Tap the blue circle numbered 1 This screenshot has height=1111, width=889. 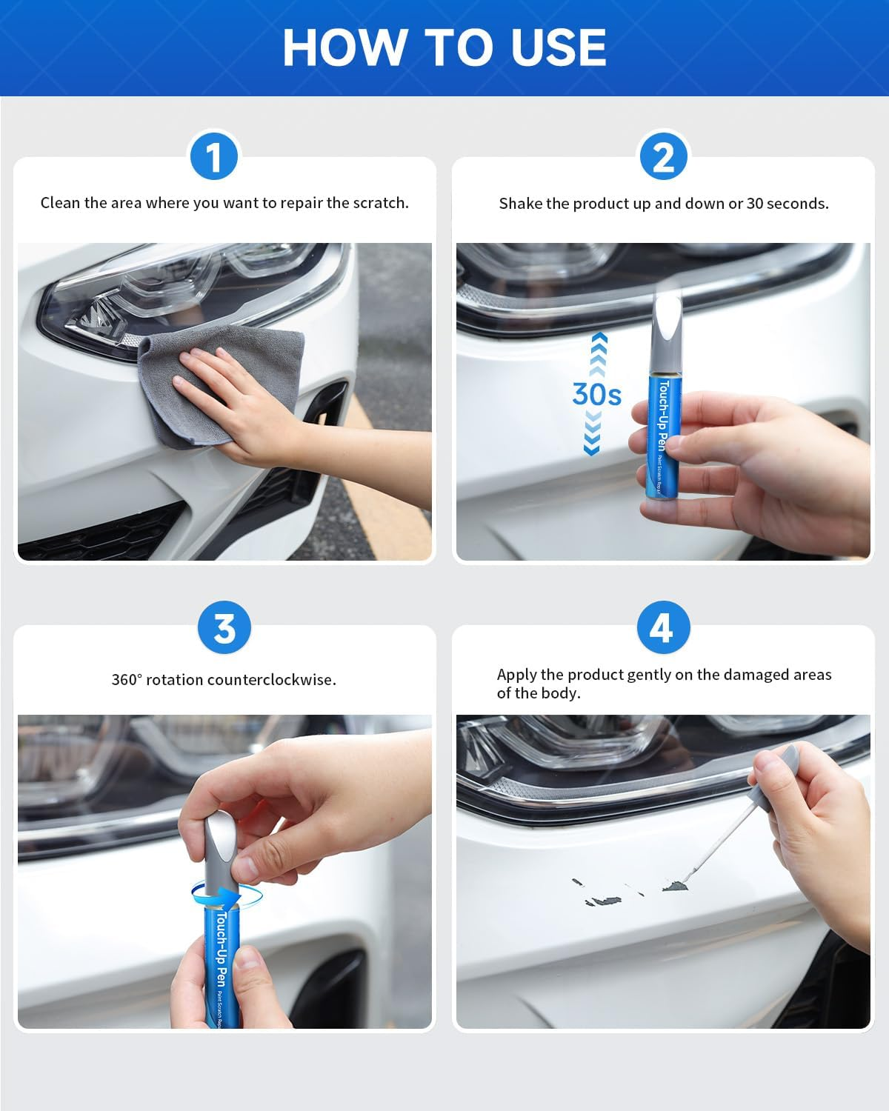(x=214, y=156)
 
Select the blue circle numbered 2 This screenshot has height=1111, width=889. (x=663, y=156)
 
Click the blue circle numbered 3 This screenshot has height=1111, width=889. (x=224, y=628)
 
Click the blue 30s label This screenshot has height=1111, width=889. (x=596, y=395)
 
